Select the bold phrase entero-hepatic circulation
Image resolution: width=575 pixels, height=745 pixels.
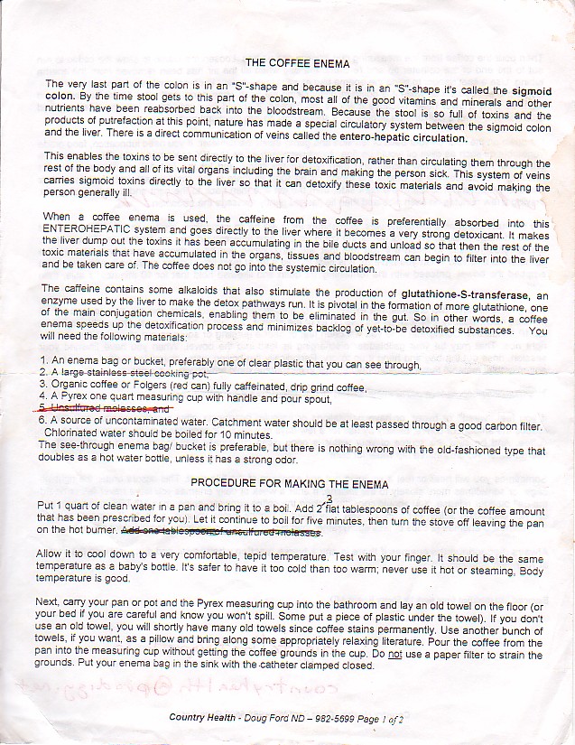(x=403, y=139)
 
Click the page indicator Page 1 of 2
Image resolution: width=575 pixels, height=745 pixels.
(x=380, y=719)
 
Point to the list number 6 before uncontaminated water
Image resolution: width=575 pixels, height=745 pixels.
(x=43, y=421)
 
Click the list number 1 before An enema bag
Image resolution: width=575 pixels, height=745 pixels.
(x=43, y=362)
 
